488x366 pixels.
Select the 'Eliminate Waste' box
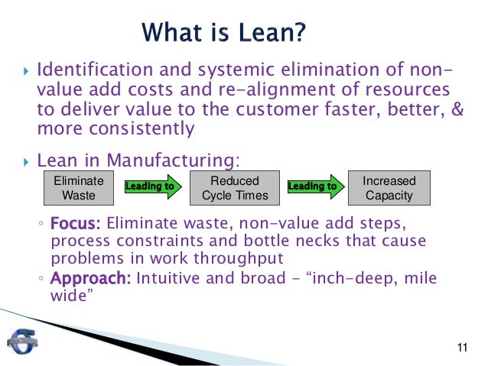click(x=76, y=188)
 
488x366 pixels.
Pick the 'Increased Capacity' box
click(x=389, y=188)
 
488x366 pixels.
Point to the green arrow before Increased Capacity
click(x=314, y=186)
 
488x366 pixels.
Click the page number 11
click(x=460, y=350)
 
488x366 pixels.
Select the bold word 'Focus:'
click(x=76, y=225)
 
